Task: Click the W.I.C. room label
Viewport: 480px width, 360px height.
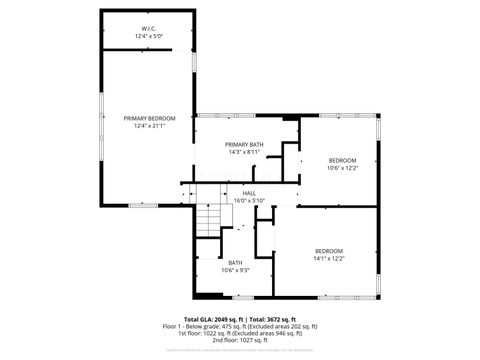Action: coord(148,29)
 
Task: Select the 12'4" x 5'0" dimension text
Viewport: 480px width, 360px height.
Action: coord(148,36)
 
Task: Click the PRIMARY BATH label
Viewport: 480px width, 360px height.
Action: coord(244,145)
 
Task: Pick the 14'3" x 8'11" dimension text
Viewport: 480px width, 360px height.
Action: coord(244,152)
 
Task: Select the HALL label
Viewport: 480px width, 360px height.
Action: coord(248,193)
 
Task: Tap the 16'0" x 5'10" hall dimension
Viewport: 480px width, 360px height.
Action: coord(248,200)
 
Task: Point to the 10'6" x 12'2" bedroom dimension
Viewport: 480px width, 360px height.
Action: coord(343,167)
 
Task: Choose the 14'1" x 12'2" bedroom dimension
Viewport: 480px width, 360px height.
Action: coord(329,257)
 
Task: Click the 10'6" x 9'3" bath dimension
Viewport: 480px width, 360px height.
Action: coord(235,269)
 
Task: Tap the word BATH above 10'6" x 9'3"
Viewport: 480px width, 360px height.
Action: coord(235,262)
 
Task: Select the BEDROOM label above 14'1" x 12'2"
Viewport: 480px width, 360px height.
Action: coord(329,250)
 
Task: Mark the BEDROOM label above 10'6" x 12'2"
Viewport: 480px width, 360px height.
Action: coord(343,160)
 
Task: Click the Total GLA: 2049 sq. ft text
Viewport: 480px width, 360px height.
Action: coord(213,319)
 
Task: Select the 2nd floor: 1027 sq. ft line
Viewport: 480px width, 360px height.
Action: coord(240,340)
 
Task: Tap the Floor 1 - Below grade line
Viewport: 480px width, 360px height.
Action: coord(240,326)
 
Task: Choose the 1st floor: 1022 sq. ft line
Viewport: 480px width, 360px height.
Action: coord(240,333)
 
